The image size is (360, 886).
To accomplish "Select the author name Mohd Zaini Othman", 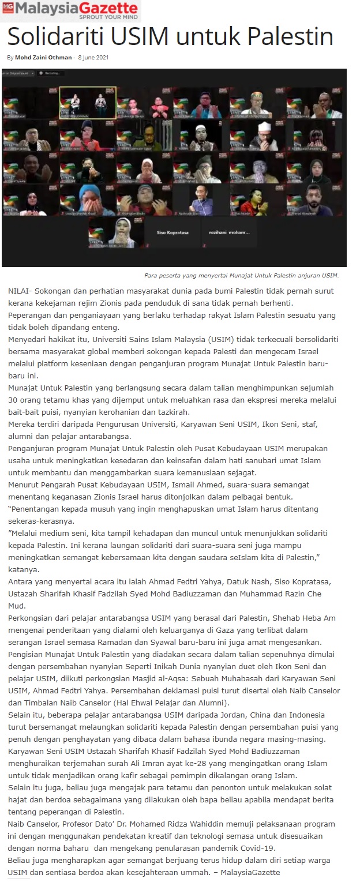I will coord(43,58).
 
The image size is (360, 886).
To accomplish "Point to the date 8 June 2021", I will coord(93,58).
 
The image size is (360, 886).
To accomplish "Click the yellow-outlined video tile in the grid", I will coord(88,103).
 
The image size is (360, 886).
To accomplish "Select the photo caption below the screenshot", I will coord(241,276).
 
